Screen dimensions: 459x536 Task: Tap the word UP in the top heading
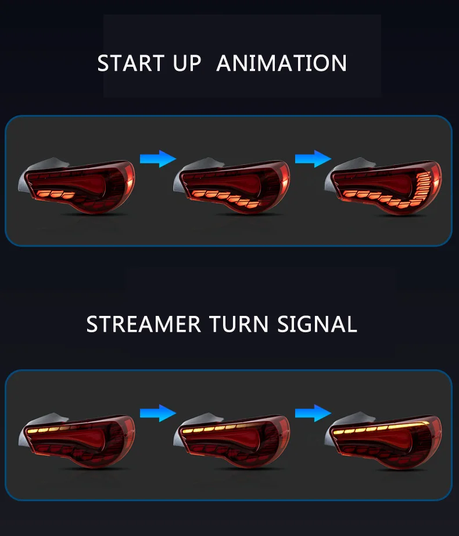pos(187,63)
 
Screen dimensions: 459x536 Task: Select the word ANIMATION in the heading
pos(282,63)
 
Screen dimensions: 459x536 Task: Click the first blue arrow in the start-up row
pos(157,159)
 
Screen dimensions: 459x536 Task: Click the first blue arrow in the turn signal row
pos(157,413)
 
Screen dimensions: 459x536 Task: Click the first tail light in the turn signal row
pos(78,439)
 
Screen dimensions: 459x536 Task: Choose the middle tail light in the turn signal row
pos(233,439)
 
